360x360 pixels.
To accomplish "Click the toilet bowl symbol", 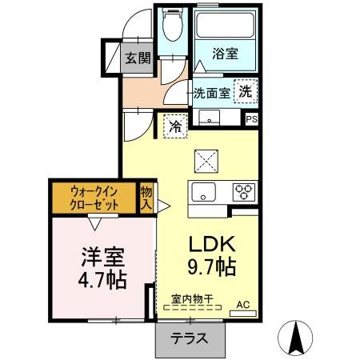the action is tap(173, 25).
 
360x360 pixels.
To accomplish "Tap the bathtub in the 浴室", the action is tap(225, 26).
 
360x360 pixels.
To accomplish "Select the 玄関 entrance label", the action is tap(138, 58).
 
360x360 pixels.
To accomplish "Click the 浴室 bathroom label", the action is tap(225, 54).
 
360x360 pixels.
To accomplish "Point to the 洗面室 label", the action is tap(212, 93).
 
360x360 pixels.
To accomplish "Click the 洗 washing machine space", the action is tap(246, 91).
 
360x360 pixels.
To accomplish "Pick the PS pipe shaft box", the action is tap(251, 119).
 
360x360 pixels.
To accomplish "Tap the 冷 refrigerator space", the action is tap(175, 126).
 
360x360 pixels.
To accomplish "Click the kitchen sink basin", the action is tap(204, 192).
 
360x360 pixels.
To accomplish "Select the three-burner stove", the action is tap(243, 192).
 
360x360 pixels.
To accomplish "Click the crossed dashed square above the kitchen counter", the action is tap(206, 162).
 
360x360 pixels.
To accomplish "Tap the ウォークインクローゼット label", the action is tap(94, 198).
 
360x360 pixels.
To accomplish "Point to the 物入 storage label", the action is tap(146, 198).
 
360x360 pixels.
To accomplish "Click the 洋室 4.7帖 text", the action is tap(102, 268).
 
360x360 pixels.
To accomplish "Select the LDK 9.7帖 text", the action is tap(212, 255).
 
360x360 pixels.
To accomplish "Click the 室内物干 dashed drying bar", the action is tap(192, 307).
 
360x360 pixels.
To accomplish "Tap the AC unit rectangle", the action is tap(243, 314).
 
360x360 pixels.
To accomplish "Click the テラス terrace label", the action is tap(189, 338).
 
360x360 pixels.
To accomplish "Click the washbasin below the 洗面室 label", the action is tap(210, 118).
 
